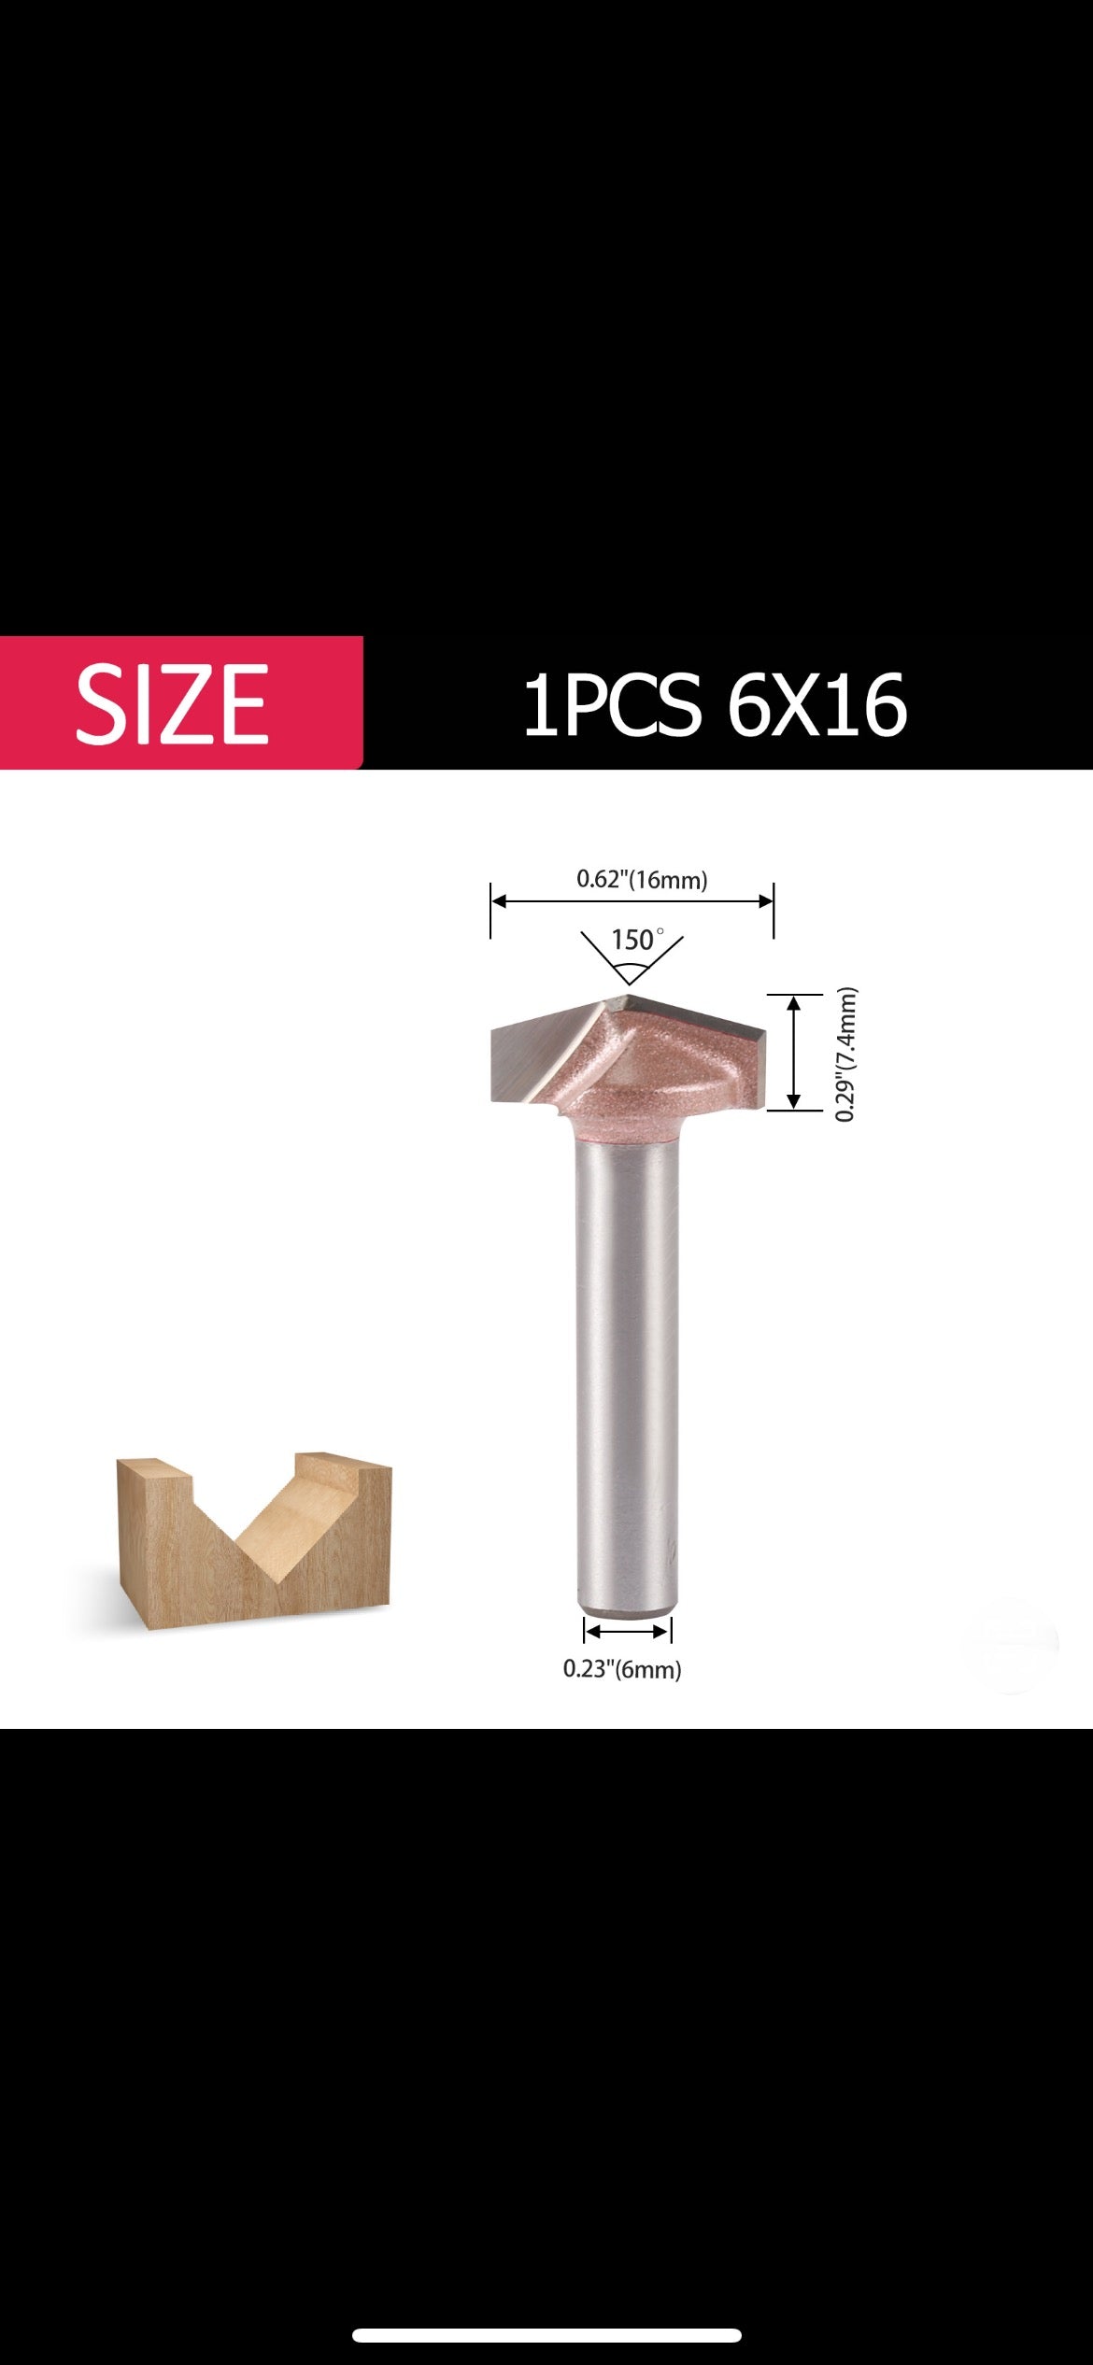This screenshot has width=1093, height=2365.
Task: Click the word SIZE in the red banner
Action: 173,703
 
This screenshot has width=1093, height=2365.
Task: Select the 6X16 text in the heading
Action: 816,705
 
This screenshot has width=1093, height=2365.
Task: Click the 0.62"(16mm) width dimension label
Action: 642,879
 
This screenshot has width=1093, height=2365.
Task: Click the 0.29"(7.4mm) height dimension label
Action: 845,1054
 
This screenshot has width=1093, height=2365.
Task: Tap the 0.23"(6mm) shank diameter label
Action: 622,1669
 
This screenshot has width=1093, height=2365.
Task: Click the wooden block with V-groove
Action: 252,1541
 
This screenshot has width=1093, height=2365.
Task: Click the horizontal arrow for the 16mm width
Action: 632,901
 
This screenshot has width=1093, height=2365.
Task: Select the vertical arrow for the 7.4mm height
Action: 794,1052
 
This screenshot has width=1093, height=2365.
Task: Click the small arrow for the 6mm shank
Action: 628,1632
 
